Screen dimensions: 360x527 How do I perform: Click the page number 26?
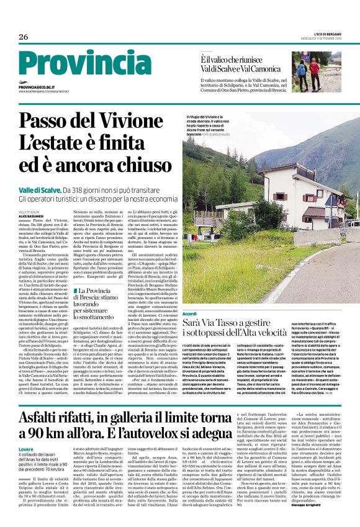point(24,37)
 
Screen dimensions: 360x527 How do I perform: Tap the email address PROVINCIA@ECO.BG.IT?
point(37,88)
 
